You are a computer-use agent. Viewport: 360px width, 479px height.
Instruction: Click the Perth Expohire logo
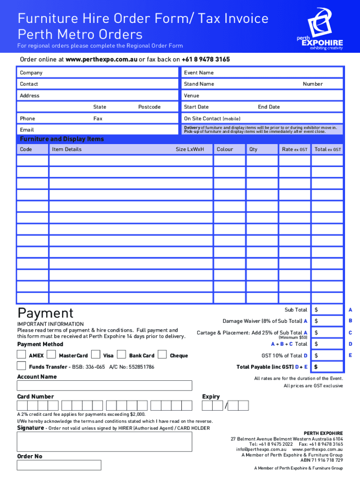tap(320, 29)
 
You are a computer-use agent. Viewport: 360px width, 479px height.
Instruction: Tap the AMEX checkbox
tap(22, 354)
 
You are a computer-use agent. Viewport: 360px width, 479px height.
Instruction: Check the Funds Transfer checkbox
tap(22, 366)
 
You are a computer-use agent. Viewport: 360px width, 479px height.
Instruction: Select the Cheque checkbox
tap(163, 354)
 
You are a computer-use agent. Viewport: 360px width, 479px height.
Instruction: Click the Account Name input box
tap(104, 385)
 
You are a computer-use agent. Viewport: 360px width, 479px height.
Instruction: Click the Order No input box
tap(59, 465)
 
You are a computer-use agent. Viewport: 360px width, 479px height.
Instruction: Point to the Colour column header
tap(225, 149)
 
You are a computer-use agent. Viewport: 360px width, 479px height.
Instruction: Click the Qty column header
tap(253, 149)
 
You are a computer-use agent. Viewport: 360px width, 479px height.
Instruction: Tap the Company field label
tap(31, 73)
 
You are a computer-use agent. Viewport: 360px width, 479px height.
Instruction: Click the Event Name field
tap(262, 73)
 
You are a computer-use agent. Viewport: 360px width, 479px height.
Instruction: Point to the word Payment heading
tap(45, 313)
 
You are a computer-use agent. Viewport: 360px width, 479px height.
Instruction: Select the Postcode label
tap(149, 107)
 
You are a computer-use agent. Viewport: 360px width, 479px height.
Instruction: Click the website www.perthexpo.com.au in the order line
tap(101, 60)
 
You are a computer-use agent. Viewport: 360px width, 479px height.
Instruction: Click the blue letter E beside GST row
tap(350, 355)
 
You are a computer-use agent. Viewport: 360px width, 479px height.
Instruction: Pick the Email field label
tap(27, 129)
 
